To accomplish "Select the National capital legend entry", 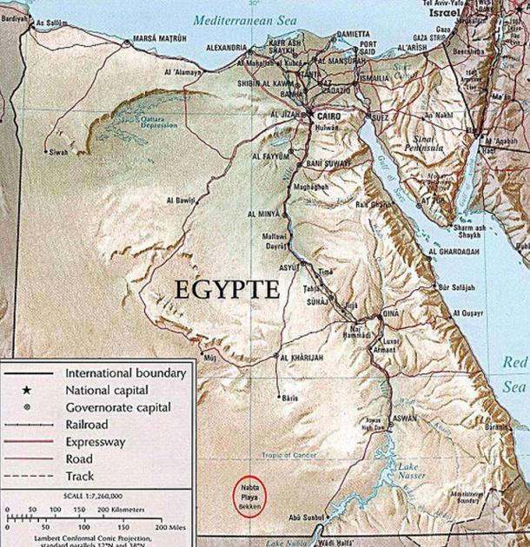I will (108, 390).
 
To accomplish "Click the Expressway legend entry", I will (95, 442).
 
